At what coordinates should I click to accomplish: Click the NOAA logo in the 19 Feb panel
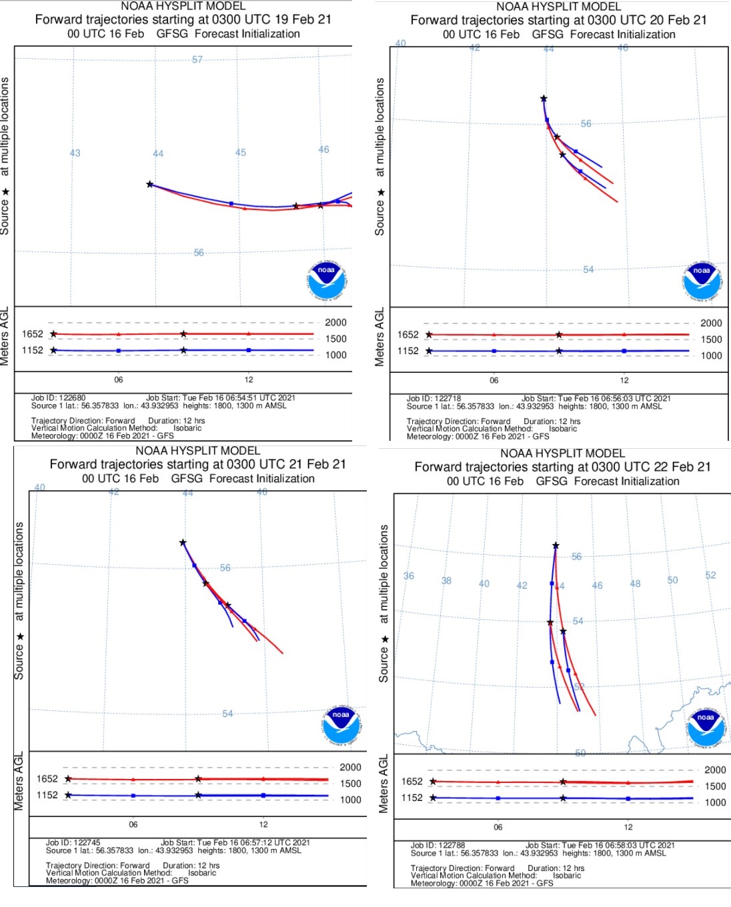[x=326, y=280]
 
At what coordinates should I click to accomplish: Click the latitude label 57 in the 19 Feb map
[x=197, y=59]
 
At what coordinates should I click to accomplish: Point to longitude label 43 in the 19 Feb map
[x=75, y=153]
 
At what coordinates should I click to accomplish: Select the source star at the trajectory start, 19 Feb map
[x=150, y=184]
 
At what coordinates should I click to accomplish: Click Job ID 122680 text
[x=59, y=397]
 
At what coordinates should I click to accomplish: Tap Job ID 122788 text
[x=438, y=845]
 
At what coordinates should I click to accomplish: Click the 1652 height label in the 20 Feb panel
[x=408, y=335]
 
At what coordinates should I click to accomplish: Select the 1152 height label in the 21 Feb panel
[x=47, y=795]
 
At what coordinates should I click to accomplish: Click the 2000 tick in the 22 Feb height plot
[x=715, y=770]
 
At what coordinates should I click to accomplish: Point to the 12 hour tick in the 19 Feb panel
[x=248, y=379]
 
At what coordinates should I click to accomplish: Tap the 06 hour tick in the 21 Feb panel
[x=133, y=824]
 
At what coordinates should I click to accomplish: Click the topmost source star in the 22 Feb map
[x=556, y=546]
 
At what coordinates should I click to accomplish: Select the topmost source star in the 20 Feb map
[x=544, y=99]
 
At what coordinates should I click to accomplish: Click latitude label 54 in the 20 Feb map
[x=588, y=269]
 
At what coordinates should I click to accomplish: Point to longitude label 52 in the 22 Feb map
[x=710, y=575]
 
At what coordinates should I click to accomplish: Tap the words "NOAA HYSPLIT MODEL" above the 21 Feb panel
[x=197, y=451]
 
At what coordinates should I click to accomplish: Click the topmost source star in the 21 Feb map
[x=183, y=543]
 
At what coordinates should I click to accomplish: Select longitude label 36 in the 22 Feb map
[x=409, y=576]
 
